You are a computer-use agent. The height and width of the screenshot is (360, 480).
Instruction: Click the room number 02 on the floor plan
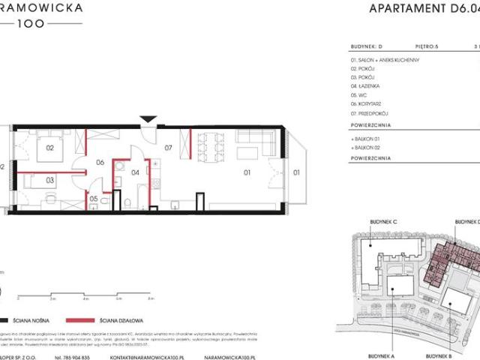point(50,148)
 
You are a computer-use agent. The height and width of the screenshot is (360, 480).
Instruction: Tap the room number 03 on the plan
point(49,181)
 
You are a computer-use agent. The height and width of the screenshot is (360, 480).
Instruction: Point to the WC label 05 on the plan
point(93,199)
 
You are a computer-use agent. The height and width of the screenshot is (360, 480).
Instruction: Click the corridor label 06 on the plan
point(98,161)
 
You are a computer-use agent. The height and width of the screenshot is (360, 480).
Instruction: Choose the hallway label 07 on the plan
point(169,148)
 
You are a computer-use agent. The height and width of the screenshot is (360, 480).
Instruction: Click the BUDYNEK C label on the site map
point(382,223)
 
